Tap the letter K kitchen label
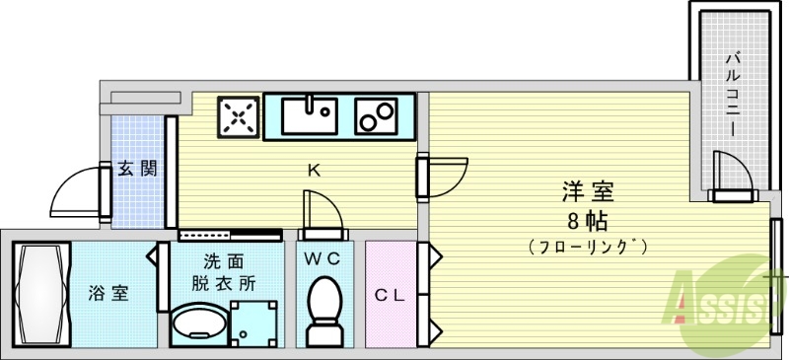pyautogui.click(x=314, y=170)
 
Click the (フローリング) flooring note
pyautogui.click(x=588, y=246)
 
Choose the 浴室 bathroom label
pyautogui.click(x=108, y=293)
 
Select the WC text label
pyautogui.click(x=322, y=260)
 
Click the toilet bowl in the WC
pyautogui.click(x=323, y=308)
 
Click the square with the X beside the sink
pyautogui.click(x=238, y=117)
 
